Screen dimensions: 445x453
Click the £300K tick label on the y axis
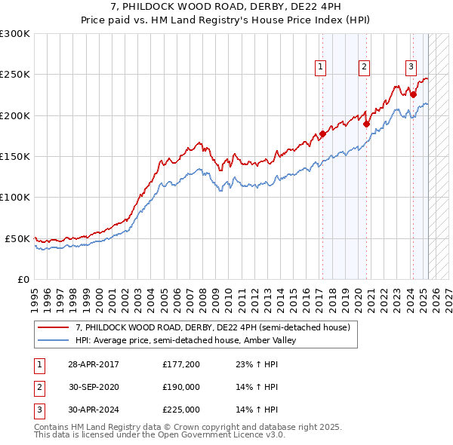click(x=15, y=34)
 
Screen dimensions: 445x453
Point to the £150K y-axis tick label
click(x=15, y=156)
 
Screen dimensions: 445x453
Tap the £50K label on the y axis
click(x=17, y=238)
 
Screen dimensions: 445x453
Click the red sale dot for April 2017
click(x=322, y=134)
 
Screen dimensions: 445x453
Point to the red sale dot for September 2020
click(x=366, y=124)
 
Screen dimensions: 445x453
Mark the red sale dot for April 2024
click(x=414, y=95)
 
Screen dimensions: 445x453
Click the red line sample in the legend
click(x=54, y=328)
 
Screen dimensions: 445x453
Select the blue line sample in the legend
click(x=54, y=341)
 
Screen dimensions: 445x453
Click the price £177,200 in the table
click(x=181, y=364)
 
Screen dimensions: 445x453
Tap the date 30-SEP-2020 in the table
click(x=94, y=387)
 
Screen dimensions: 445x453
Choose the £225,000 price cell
click(x=181, y=410)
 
